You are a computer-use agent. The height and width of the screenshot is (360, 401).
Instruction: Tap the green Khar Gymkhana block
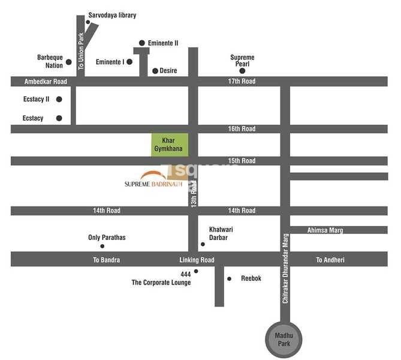coord(170,144)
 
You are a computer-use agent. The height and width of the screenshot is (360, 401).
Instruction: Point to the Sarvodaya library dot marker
coord(88,22)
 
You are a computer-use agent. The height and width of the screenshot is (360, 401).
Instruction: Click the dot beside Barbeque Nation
coord(69,62)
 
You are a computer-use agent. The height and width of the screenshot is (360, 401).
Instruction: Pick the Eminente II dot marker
coord(141,43)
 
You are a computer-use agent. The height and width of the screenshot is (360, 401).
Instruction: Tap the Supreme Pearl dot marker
coord(243,71)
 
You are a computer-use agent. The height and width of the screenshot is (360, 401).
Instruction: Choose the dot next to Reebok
coord(229,278)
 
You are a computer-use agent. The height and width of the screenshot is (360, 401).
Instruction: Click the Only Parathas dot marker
coord(102,246)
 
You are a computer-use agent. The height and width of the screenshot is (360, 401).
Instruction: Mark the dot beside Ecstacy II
coord(59,99)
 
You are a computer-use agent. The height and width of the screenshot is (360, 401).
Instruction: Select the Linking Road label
coord(197,260)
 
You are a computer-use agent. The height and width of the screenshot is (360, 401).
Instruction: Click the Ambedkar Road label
coord(46,82)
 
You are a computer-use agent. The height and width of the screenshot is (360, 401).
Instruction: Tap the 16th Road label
coord(241,129)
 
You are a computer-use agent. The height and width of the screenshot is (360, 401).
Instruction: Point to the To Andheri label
coord(330,260)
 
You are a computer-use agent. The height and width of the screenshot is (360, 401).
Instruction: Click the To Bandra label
coord(107,260)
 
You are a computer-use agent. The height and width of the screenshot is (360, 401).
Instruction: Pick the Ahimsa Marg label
coord(325,230)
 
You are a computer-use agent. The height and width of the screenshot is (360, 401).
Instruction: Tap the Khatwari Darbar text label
coord(218,233)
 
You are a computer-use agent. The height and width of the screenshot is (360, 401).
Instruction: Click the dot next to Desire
coord(155,71)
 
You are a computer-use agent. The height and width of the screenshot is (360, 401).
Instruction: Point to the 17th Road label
coord(241,82)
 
